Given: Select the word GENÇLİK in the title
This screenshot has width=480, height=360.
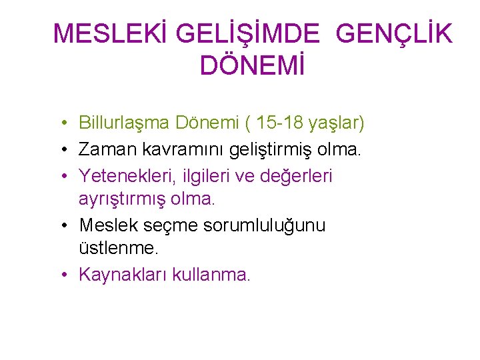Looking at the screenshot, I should pos(395,34).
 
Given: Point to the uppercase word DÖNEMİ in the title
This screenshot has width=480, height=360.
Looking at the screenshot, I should pos(252,66).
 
